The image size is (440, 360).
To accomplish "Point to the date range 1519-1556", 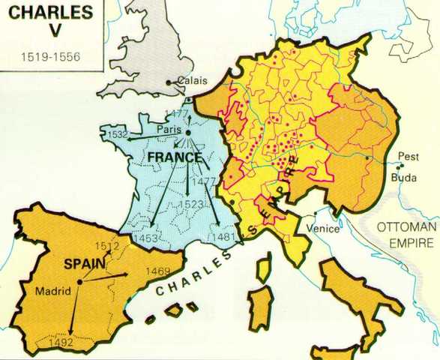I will click(43, 57).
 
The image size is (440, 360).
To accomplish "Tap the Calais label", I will click(193, 83).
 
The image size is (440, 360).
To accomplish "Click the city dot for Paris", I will click(188, 133).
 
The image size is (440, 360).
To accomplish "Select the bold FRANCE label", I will click(174, 157).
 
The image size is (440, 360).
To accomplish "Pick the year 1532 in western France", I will click(117, 136).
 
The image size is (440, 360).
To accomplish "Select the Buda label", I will click(403, 178).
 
